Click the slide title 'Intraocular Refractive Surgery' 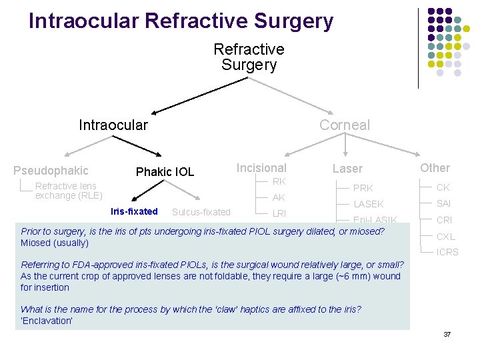pos(181,21)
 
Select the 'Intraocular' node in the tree pos(113,125)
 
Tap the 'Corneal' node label pos(344,125)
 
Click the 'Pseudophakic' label pos(51,171)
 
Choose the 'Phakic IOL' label pos(165,172)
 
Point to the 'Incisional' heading pos(261,168)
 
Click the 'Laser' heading pos(348,169)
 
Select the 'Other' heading pos(435,168)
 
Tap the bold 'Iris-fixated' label pos(134,212)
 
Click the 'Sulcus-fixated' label pos(201,213)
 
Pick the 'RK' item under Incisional pos(279,182)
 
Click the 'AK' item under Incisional pos(279,198)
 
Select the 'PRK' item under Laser pos(363,188)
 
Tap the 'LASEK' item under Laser pos(369,204)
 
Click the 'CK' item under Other pos(443,188)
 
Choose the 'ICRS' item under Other pos(447,252)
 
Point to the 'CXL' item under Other pos(446,236)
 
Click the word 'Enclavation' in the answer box pos(47,320)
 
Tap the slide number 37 pos(447,333)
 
